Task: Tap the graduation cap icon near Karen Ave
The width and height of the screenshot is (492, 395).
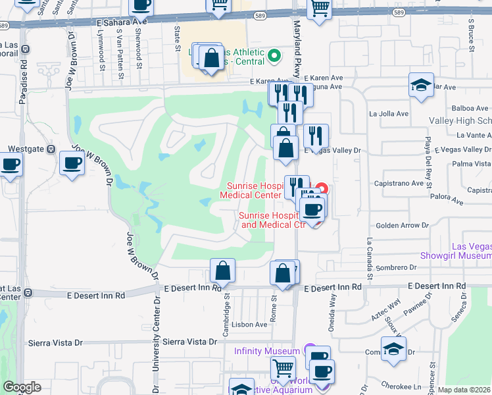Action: [x=421, y=85]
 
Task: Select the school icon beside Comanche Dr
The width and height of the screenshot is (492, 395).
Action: [x=393, y=350]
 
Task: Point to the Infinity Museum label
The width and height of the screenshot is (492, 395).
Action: [x=267, y=350]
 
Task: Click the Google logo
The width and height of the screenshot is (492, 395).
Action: [x=21, y=387]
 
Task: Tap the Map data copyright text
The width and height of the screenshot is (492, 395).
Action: [x=464, y=390]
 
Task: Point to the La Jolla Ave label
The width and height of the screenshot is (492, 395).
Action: [x=389, y=113]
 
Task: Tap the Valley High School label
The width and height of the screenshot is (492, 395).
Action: [x=460, y=120]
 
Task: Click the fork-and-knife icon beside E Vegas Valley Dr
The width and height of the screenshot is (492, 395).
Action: [x=316, y=137]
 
